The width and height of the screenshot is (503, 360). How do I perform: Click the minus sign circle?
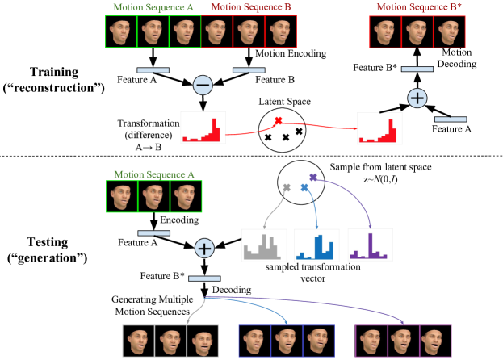coord(203,86)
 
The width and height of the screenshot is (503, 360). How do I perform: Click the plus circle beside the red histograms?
coord(417,98)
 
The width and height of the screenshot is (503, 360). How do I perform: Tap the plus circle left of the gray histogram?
coord(204,248)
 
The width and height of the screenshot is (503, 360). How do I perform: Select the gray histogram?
coord(264,245)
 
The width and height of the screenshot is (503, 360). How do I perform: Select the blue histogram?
coord(316,245)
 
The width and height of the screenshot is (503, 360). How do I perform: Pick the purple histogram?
coord(370,245)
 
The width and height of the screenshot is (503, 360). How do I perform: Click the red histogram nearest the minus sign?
coord(202,128)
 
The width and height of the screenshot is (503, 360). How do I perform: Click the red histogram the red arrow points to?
coord(380,128)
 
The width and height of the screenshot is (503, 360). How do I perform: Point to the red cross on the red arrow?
coord(278,121)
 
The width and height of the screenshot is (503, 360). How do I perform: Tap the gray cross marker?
coord(286,187)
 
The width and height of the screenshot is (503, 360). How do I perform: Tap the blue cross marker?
coord(304,187)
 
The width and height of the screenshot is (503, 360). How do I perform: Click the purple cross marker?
coord(313,176)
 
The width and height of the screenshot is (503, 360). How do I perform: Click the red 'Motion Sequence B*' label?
coord(413,7)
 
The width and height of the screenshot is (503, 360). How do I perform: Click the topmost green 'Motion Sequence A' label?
coord(153,7)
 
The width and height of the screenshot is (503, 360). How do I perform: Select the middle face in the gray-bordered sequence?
coord(170,341)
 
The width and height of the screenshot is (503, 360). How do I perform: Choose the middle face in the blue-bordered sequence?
coord(287,341)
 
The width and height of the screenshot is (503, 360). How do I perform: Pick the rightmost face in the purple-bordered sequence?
coord(435,341)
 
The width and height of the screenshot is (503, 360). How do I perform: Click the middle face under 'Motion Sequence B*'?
coord(417,32)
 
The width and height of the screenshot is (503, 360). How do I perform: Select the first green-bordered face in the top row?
coord(122,32)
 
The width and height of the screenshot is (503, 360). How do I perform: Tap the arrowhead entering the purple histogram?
coord(371,226)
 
